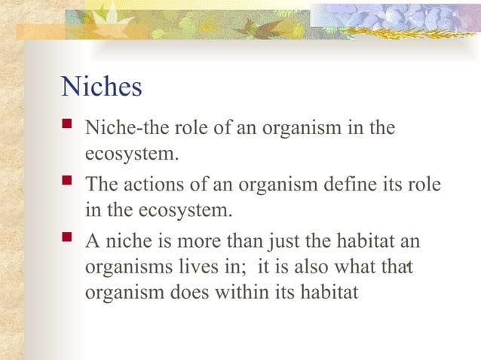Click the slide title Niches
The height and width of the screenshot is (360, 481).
coord(101,87)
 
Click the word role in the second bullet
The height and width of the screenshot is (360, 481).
coord(425,185)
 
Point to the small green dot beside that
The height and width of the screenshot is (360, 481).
coord(408,265)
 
